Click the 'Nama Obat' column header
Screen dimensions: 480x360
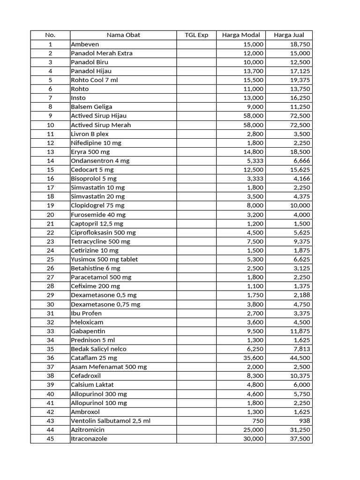click(123, 35)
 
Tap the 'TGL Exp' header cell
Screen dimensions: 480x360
click(196, 35)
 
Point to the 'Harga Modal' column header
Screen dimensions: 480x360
click(241, 35)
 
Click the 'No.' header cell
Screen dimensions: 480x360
click(50, 35)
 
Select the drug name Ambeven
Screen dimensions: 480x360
click(85, 44)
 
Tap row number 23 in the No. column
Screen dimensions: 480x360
click(50, 241)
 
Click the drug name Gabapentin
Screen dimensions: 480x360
click(88, 331)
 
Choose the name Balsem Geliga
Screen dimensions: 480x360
click(91, 107)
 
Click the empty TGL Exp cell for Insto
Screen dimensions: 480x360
click(196, 98)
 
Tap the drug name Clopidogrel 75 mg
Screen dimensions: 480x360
click(97, 205)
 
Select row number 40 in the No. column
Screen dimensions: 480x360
click(50, 394)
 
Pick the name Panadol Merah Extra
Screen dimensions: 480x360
click(102, 53)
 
